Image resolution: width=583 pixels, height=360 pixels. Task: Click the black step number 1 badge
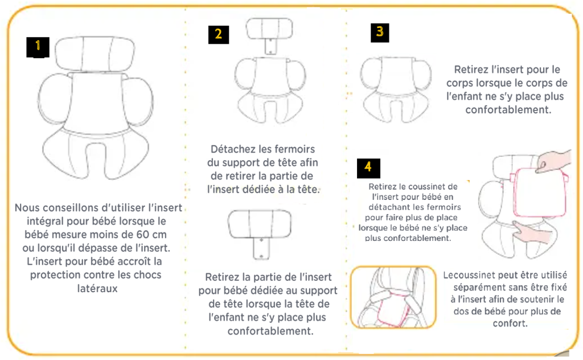point(38,47)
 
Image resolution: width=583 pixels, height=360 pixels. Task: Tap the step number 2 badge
point(218,35)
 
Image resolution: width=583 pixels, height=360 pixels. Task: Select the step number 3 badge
point(380,32)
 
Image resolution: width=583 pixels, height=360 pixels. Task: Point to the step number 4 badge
point(368,168)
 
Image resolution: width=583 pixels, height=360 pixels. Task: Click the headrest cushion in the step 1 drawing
point(95,54)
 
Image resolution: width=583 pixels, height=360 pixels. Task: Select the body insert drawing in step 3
point(396,89)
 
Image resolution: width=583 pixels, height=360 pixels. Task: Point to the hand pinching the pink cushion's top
point(553,161)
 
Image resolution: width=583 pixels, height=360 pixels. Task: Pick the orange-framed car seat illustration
point(393,297)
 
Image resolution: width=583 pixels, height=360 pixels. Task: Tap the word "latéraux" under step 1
point(97,288)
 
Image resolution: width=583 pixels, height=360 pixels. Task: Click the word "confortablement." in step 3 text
point(508,110)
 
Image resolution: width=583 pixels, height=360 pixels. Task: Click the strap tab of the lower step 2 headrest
point(261,248)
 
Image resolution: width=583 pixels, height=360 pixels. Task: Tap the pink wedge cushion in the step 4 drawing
point(540,192)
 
